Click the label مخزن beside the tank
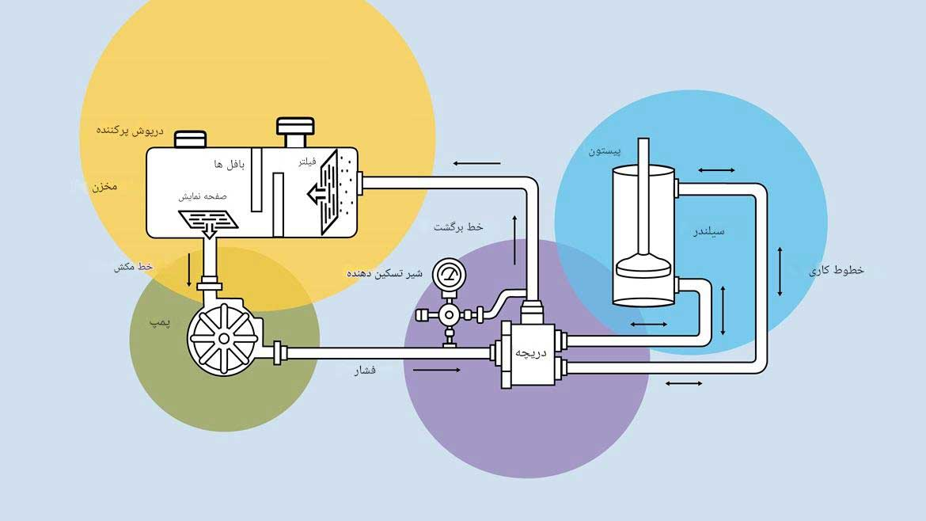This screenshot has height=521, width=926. [103, 187]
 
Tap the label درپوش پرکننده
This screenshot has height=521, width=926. [130, 129]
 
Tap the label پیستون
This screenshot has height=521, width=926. [605, 150]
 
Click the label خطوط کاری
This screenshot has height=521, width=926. [836, 270]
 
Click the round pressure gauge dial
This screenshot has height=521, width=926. [449, 276]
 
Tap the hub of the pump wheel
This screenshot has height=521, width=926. [224, 338]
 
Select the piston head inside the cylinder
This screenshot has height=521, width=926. [643, 264]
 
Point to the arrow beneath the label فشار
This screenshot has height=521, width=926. [435, 370]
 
